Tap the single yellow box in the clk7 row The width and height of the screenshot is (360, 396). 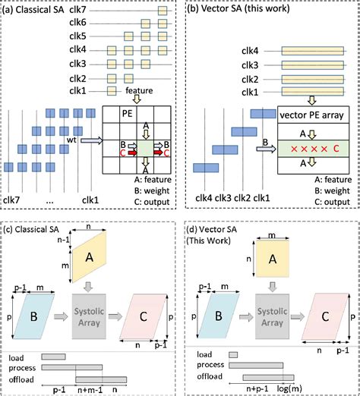[162, 11]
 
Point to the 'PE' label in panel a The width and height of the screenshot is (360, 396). [114, 114]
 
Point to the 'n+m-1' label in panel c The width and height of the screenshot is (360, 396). [87, 388]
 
